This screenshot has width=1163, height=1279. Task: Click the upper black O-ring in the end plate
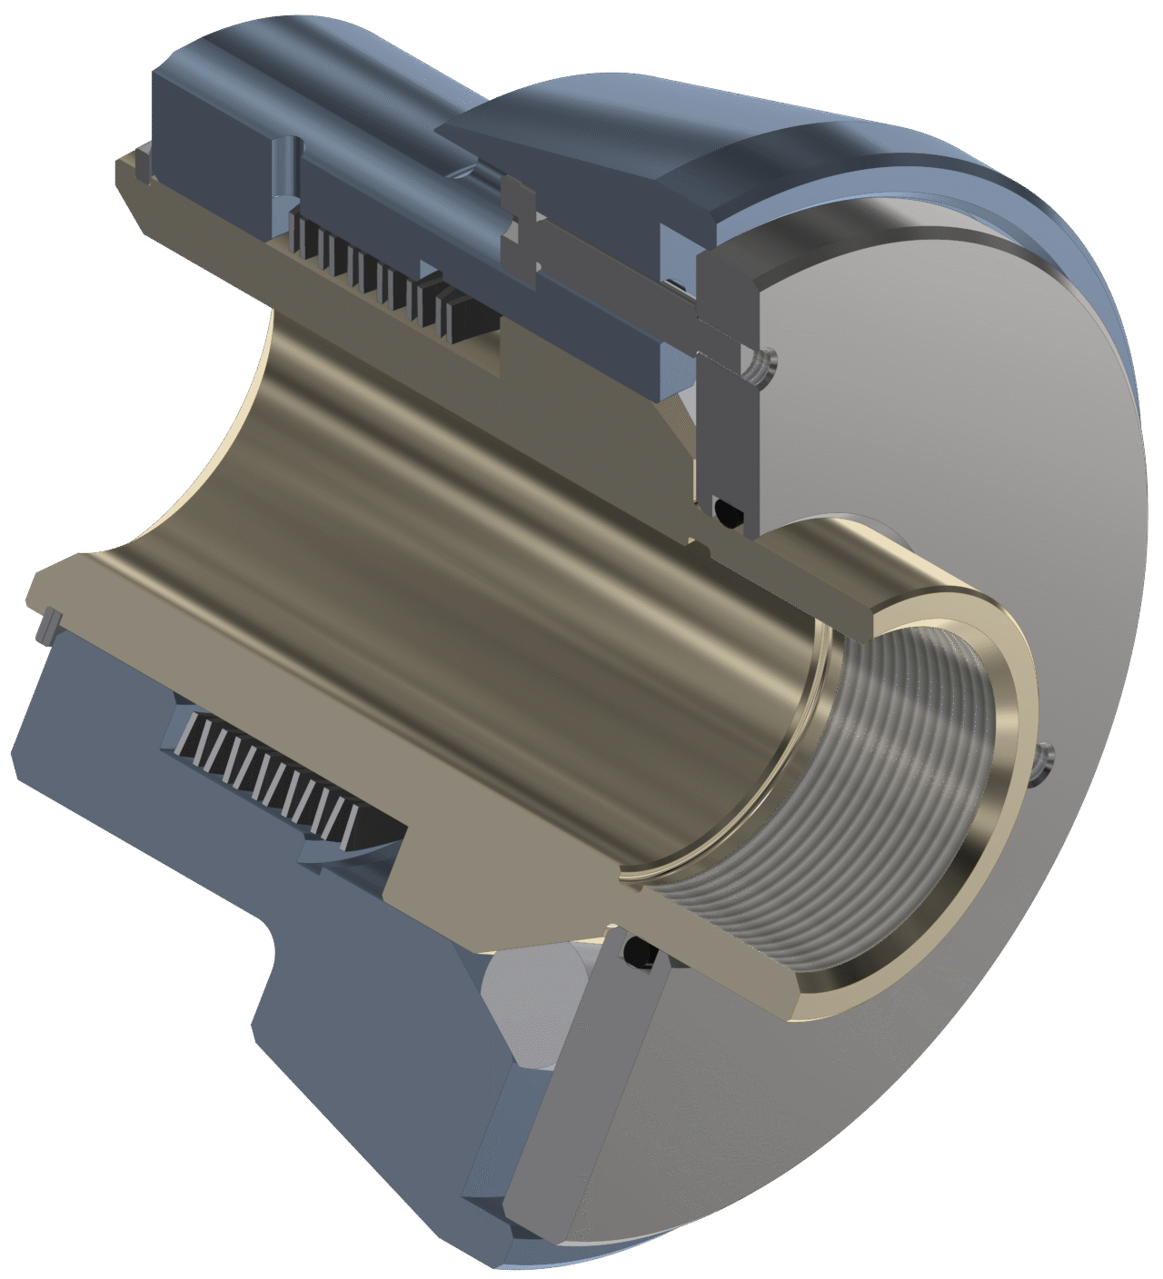point(728,511)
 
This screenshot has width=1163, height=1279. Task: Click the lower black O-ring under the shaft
point(639,952)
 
